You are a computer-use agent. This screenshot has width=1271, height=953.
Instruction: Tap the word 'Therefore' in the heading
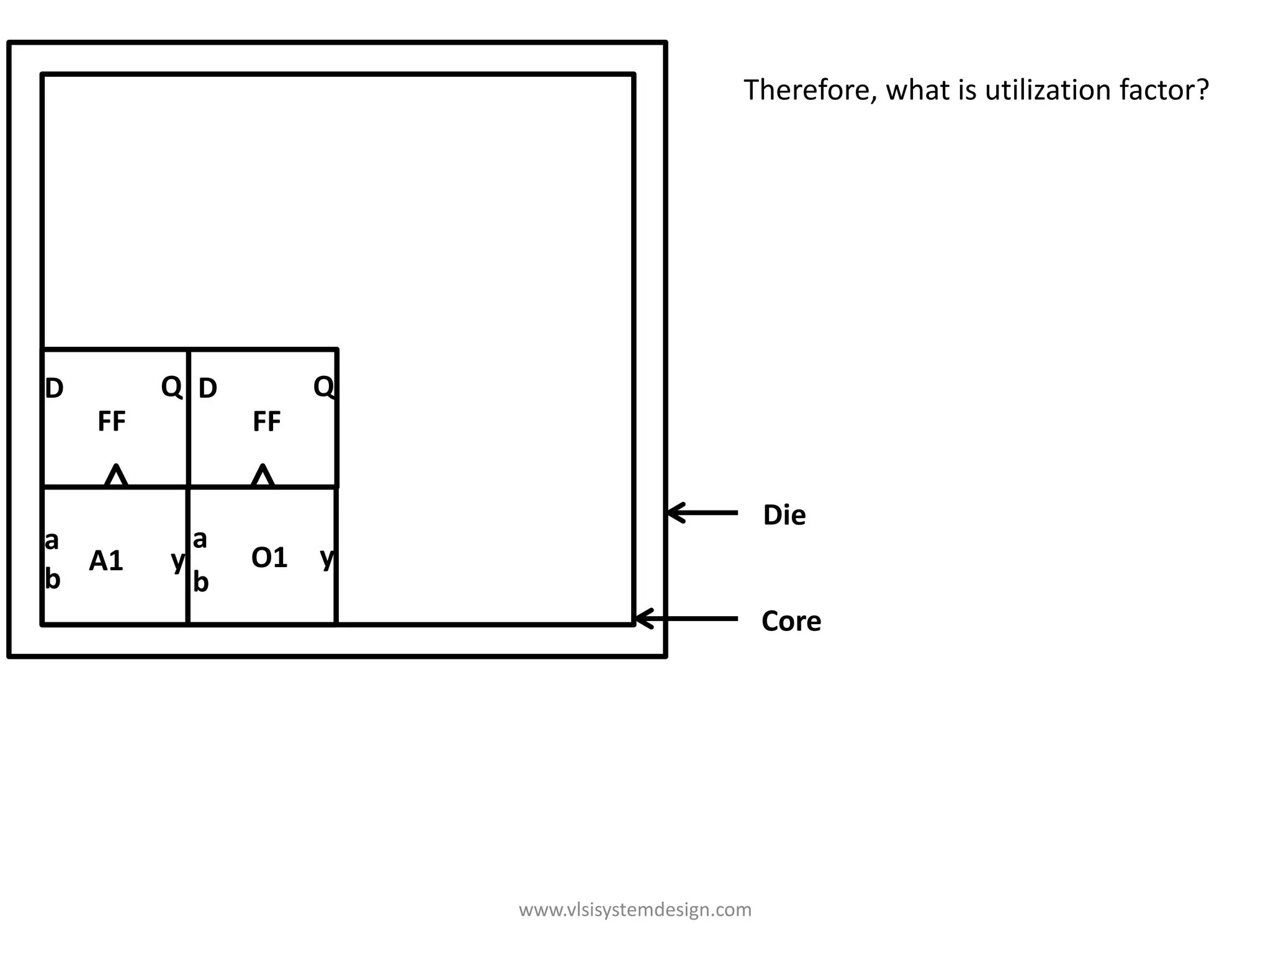click(809, 90)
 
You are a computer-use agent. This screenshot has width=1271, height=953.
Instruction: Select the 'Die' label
click(784, 515)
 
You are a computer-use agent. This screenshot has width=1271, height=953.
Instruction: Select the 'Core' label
click(791, 621)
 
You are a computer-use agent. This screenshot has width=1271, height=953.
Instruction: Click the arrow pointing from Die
click(702, 512)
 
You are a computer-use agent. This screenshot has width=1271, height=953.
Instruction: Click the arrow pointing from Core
click(686, 619)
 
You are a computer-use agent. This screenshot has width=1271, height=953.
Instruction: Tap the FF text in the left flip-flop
click(112, 421)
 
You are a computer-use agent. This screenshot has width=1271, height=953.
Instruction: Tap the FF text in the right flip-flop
click(267, 421)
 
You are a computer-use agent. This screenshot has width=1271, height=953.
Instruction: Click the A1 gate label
click(106, 561)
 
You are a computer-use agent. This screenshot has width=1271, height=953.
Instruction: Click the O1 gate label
click(269, 557)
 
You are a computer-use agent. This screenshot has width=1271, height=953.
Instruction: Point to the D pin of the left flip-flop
click(55, 388)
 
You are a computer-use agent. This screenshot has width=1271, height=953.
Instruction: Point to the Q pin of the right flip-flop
click(324, 387)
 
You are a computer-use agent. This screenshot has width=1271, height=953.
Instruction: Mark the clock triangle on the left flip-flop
click(116, 476)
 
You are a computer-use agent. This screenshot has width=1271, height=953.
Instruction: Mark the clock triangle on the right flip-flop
click(263, 476)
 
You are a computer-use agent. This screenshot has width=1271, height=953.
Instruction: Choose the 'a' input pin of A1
click(52, 540)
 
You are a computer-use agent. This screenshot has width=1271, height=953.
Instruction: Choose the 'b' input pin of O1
click(200, 582)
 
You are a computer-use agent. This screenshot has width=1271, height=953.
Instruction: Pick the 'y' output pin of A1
click(177, 561)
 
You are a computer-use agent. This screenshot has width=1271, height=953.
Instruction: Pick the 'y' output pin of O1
click(327, 557)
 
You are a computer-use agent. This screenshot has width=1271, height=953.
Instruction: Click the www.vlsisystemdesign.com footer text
click(635, 910)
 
